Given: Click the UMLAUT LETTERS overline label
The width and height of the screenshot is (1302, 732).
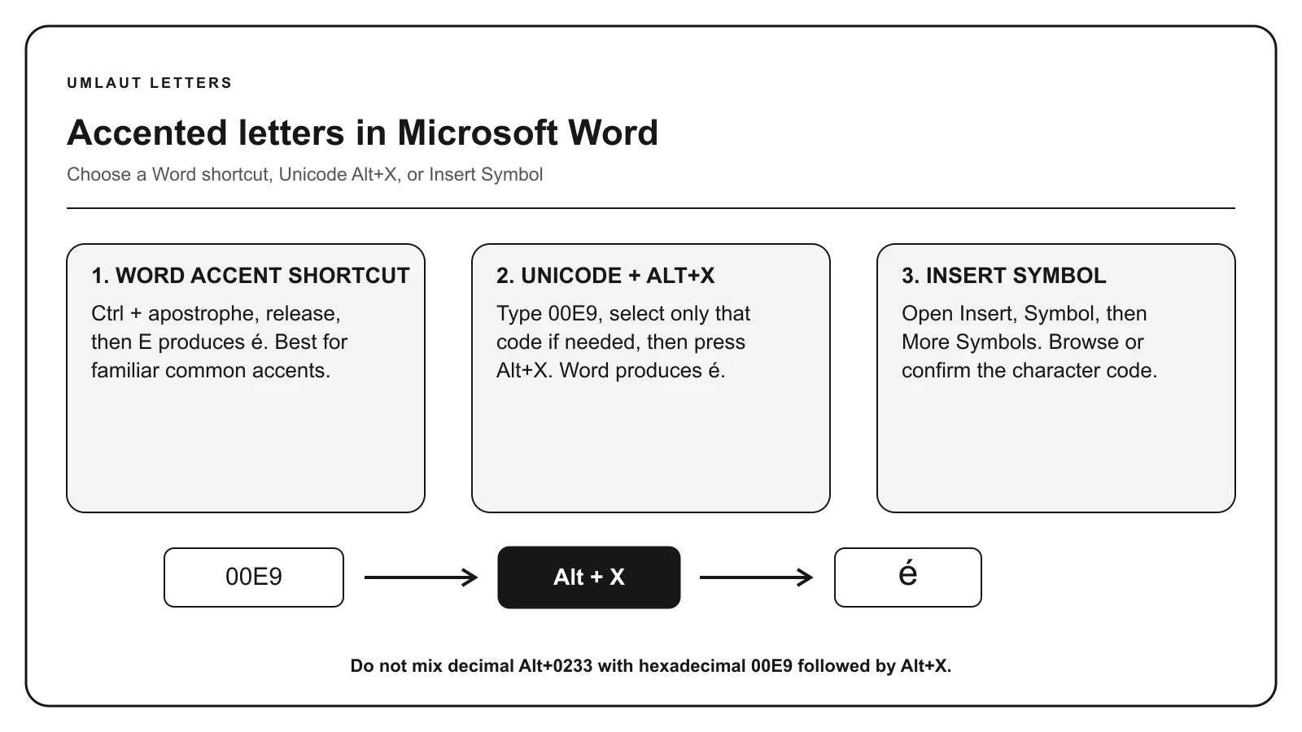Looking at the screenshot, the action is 150,83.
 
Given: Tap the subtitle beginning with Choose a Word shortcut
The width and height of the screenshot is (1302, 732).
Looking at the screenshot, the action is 304,174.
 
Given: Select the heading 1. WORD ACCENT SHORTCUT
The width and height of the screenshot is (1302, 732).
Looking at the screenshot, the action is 251,276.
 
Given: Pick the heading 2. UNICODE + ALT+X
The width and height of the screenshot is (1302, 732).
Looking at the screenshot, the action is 605,276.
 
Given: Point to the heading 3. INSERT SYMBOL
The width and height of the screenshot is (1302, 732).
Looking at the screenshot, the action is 1004,276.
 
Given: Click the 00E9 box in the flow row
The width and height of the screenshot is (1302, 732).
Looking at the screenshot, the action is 254,577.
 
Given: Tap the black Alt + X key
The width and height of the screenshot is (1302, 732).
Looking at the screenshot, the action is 589,577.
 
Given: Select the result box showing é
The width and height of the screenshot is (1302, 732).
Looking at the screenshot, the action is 908,577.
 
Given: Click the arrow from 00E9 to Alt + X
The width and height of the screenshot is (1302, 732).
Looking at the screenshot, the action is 421,577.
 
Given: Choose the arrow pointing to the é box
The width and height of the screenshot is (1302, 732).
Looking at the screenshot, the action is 756,577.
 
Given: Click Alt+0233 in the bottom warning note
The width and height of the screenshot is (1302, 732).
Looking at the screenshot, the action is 555,666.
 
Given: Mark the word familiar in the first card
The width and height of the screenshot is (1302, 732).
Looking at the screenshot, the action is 125,371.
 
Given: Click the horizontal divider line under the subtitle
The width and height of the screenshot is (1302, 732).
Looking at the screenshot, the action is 651,208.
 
